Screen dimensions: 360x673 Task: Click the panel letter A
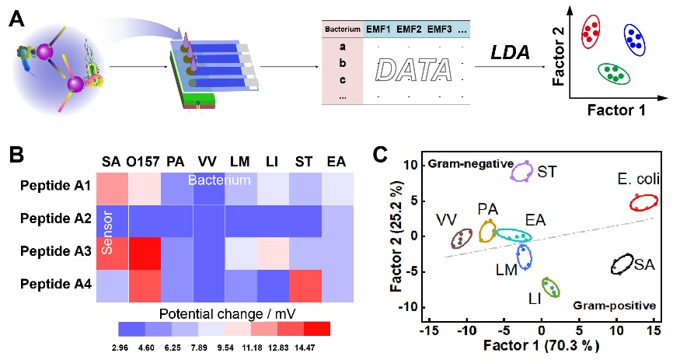click(14, 16)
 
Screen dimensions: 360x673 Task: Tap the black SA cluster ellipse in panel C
click(622, 264)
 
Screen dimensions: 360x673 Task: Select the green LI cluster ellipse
click(550, 288)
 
